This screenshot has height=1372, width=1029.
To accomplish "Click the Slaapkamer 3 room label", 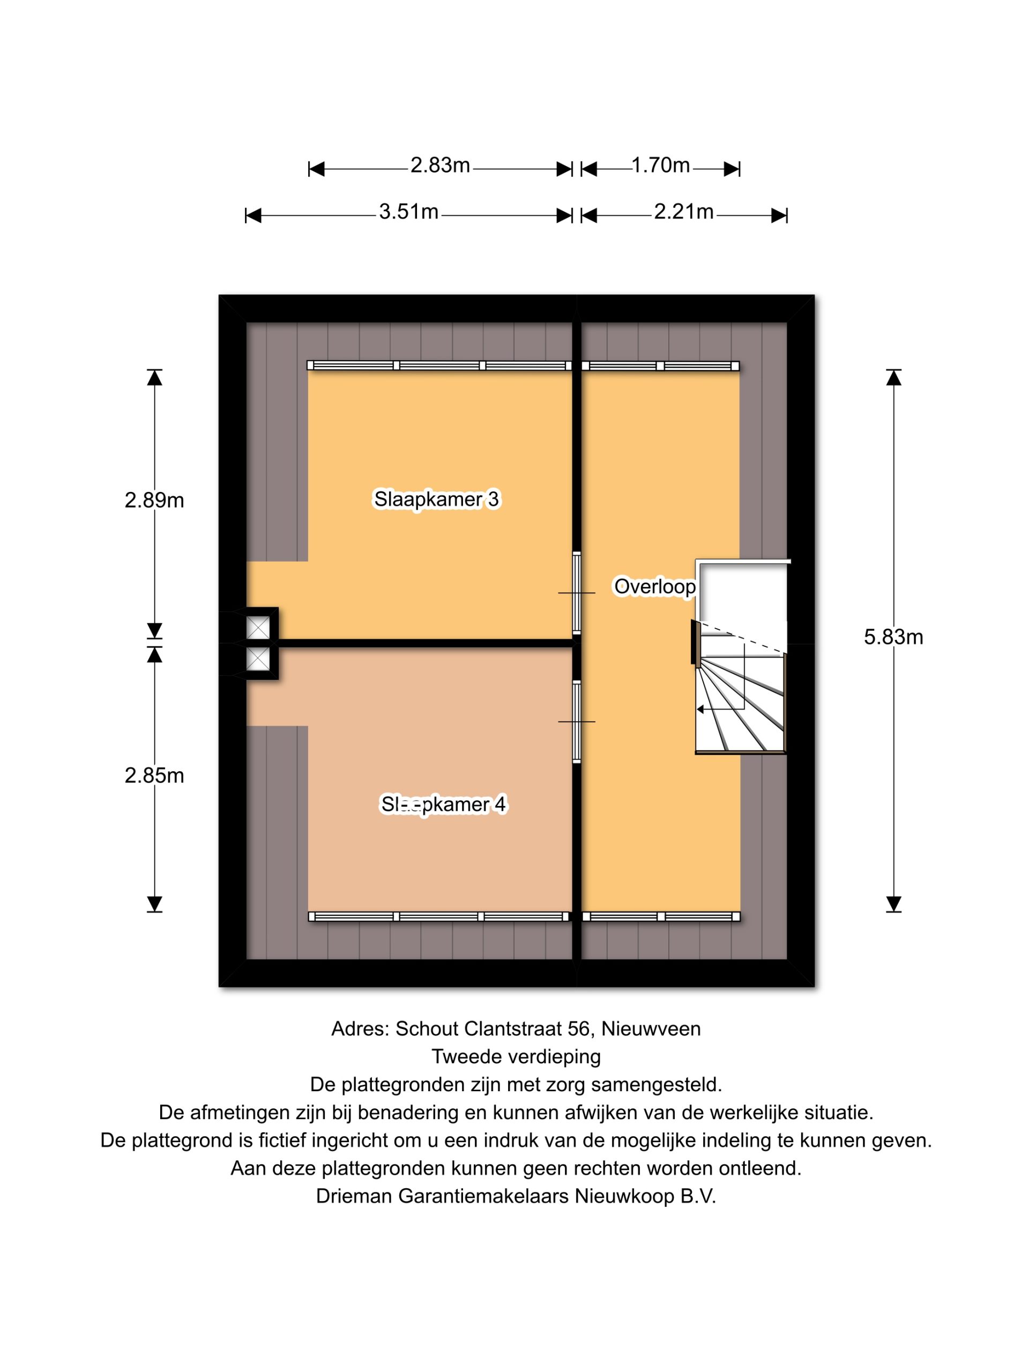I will pyautogui.click(x=436, y=499).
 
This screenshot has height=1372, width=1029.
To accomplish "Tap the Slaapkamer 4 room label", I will pyautogui.click(x=443, y=804).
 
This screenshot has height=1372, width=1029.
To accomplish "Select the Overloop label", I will pyautogui.click(x=654, y=586).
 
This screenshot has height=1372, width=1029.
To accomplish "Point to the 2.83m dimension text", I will pyautogui.click(x=440, y=166).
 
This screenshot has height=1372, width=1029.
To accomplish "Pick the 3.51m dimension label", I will pyautogui.click(x=409, y=212).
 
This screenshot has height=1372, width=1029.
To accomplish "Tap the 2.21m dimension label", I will pyautogui.click(x=683, y=212).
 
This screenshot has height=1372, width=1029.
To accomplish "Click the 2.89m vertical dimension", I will pyautogui.click(x=154, y=500).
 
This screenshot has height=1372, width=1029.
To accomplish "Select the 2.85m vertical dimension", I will pyautogui.click(x=154, y=776).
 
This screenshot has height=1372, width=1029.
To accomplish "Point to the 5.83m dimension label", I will pyautogui.click(x=893, y=637).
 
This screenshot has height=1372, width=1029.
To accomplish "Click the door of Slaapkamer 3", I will pyautogui.click(x=576, y=593).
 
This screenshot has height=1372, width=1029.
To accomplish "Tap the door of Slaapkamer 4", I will pyautogui.click(x=576, y=721).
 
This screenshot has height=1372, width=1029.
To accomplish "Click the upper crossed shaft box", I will pyautogui.click(x=258, y=628).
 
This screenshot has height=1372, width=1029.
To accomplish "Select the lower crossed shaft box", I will pyautogui.click(x=258, y=659).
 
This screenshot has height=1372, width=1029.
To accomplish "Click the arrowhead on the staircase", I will pyautogui.click(x=700, y=709).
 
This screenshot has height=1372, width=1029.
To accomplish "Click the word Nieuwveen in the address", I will pyautogui.click(x=651, y=1028).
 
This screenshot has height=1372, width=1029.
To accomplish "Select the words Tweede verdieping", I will pyautogui.click(x=516, y=1056).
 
